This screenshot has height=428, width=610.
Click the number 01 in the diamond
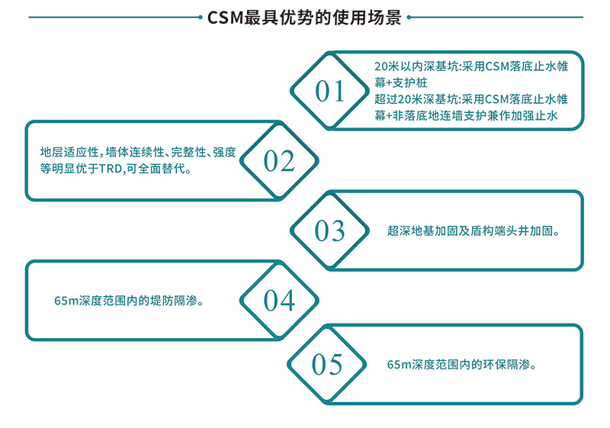pyautogui.click(x=330, y=92)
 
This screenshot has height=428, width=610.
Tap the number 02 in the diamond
pyautogui.click(x=279, y=160)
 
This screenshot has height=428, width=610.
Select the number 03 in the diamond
pyautogui.click(x=330, y=230)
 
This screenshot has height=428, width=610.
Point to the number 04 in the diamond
pyautogui.click(x=279, y=301)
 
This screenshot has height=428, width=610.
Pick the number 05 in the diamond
pyautogui.click(x=328, y=365)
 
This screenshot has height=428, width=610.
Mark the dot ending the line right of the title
pyautogui.click(x=410, y=18)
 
